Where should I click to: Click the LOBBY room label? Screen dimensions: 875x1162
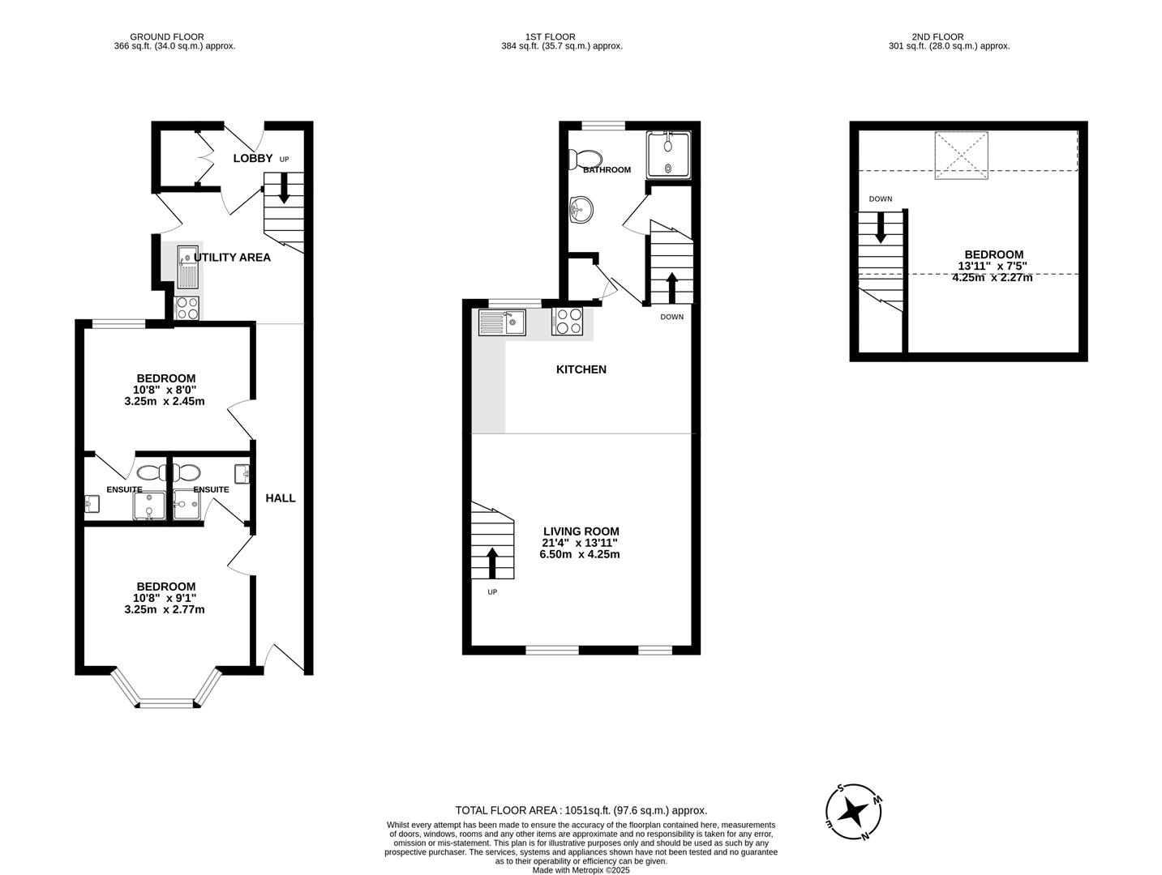(252, 158)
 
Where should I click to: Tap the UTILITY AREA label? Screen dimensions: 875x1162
(232, 258)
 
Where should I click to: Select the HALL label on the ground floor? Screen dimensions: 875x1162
(281, 498)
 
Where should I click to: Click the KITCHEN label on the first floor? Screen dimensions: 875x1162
(581, 369)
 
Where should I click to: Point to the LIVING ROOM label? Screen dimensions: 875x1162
(581, 531)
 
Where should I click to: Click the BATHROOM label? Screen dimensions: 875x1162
(607, 170)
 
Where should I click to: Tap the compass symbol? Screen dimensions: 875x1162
(854, 811)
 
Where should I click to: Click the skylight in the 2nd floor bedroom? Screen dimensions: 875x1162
(963, 155)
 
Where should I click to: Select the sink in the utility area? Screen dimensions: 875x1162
(187, 267)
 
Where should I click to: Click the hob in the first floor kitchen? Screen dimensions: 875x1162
(567, 322)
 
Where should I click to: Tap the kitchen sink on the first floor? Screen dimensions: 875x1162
(502, 322)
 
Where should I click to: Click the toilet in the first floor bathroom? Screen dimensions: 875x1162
(585, 158)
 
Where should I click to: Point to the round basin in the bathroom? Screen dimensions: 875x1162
(581, 209)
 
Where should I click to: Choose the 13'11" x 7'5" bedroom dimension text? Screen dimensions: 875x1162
(992, 266)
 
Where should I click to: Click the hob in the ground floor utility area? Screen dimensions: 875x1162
(187, 308)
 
